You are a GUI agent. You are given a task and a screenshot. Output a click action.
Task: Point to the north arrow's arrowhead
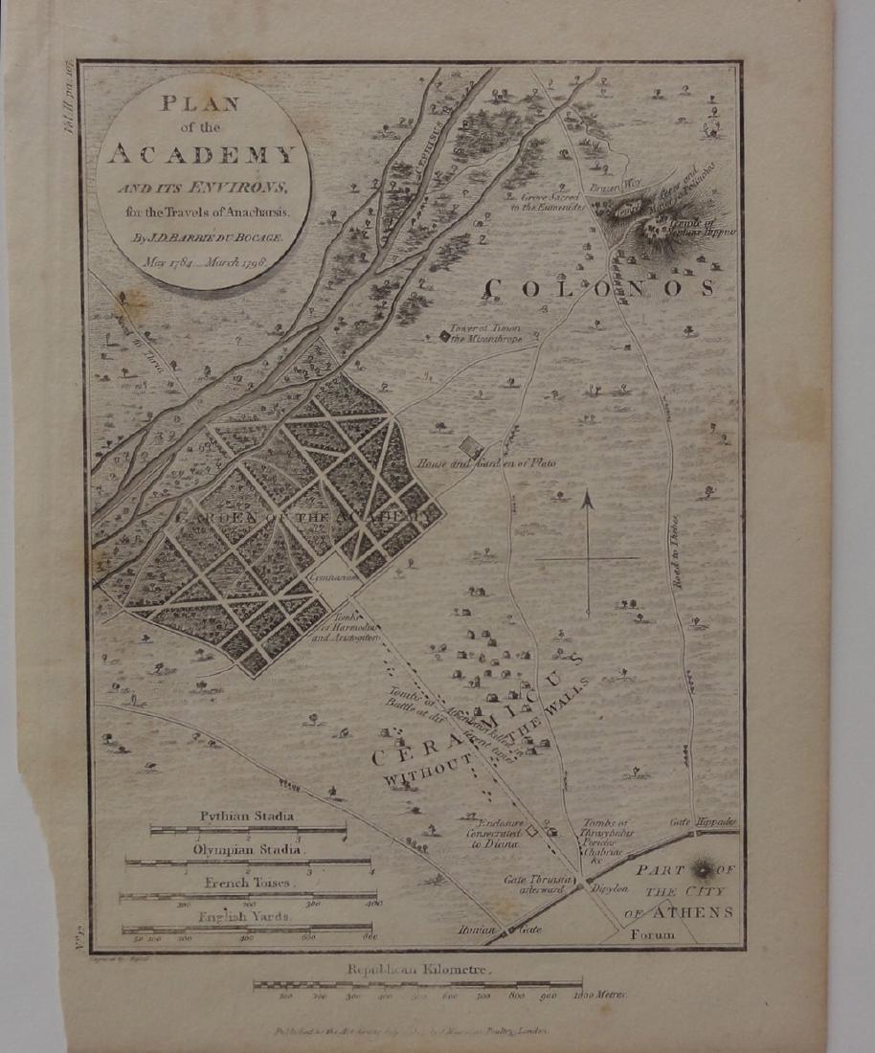[588, 500]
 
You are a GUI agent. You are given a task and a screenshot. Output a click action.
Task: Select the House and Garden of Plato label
[486, 463]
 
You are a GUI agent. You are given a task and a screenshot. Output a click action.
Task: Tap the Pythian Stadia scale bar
[248, 830]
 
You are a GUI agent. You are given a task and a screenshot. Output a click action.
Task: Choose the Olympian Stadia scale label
[247, 849]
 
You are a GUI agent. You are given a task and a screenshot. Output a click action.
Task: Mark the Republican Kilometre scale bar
[417, 984]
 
